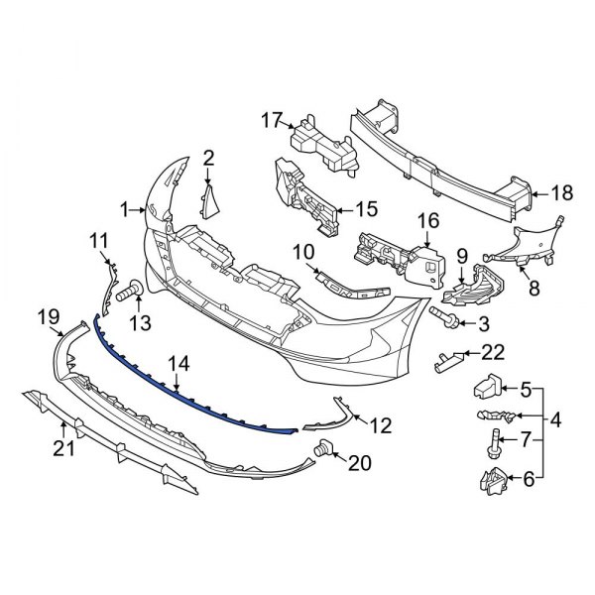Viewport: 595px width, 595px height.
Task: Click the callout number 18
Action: click(x=562, y=193)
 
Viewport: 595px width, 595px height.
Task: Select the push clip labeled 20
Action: click(x=322, y=454)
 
